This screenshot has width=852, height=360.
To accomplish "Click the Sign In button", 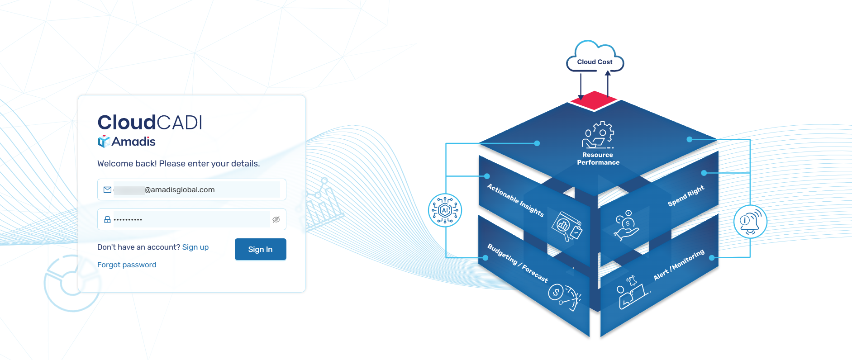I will [260, 249].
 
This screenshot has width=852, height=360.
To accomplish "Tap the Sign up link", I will [195, 247].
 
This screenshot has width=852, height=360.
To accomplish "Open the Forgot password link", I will [127, 265].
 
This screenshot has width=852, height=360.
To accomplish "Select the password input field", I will [190, 219].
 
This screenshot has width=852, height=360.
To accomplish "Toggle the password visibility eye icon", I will [276, 219].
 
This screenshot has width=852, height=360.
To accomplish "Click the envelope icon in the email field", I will [107, 189].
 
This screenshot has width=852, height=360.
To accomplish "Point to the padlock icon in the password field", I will [107, 219].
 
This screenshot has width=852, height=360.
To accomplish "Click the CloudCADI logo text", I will [150, 122].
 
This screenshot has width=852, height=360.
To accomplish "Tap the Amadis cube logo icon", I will [104, 142].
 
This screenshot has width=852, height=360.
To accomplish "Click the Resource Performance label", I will [598, 159].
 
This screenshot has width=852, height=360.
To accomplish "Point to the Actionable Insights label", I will [515, 200].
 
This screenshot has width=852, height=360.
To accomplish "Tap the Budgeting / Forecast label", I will [517, 263].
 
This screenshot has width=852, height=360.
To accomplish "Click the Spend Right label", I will [686, 195].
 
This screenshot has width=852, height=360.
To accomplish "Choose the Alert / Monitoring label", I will [679, 265].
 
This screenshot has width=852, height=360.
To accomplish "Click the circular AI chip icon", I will [445, 210].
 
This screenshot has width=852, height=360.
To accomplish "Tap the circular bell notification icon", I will [750, 222].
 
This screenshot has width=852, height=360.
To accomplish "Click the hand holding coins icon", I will [626, 225].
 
